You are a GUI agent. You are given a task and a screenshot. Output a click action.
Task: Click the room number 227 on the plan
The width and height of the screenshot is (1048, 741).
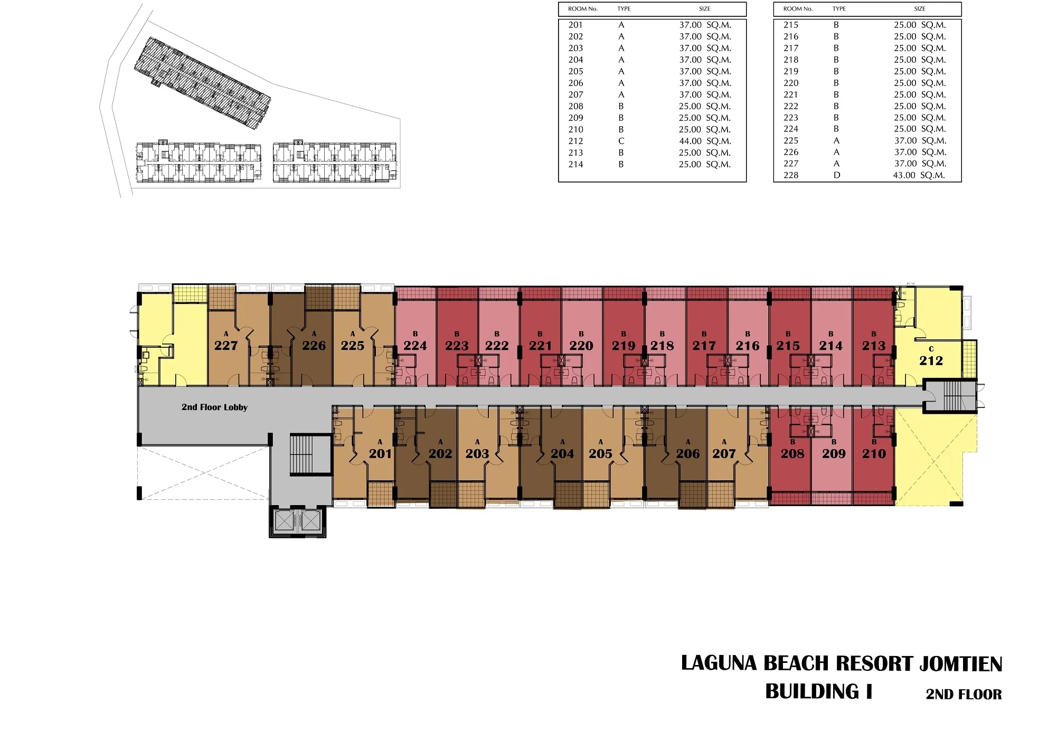226,346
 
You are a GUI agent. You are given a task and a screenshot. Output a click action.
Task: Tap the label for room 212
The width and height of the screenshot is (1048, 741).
931,360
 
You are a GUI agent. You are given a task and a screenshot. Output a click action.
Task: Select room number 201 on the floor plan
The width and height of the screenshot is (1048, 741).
380,453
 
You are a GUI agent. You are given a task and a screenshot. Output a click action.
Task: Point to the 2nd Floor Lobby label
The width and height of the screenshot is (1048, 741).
214,407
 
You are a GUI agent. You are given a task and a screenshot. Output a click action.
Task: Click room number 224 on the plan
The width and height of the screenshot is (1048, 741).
415,346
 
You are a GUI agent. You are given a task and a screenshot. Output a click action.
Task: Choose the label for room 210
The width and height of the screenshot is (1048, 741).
874,453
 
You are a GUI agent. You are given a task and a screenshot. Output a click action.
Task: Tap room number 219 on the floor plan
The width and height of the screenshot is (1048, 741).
624,346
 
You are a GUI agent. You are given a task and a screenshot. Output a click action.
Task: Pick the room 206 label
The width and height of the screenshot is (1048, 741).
688,453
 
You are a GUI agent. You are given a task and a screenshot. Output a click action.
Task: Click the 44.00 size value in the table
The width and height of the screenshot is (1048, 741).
690,141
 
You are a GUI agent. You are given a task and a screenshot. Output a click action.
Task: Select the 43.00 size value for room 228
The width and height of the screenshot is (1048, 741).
904,175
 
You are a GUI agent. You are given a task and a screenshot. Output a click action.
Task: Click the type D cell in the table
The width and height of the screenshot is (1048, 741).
837,175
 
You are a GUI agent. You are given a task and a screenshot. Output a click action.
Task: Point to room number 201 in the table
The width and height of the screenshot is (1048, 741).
575,25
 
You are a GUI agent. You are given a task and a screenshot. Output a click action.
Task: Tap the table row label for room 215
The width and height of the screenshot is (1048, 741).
791,25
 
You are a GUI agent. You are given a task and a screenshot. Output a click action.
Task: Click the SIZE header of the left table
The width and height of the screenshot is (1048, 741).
705,9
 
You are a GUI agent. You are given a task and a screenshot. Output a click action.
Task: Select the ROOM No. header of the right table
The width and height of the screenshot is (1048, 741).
798,9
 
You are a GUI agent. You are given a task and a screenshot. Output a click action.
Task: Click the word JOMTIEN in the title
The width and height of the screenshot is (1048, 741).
961,664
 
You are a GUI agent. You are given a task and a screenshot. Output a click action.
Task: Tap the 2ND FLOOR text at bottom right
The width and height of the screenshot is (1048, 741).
964,695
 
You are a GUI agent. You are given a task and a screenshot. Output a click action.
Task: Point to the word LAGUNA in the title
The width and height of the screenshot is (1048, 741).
719,663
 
